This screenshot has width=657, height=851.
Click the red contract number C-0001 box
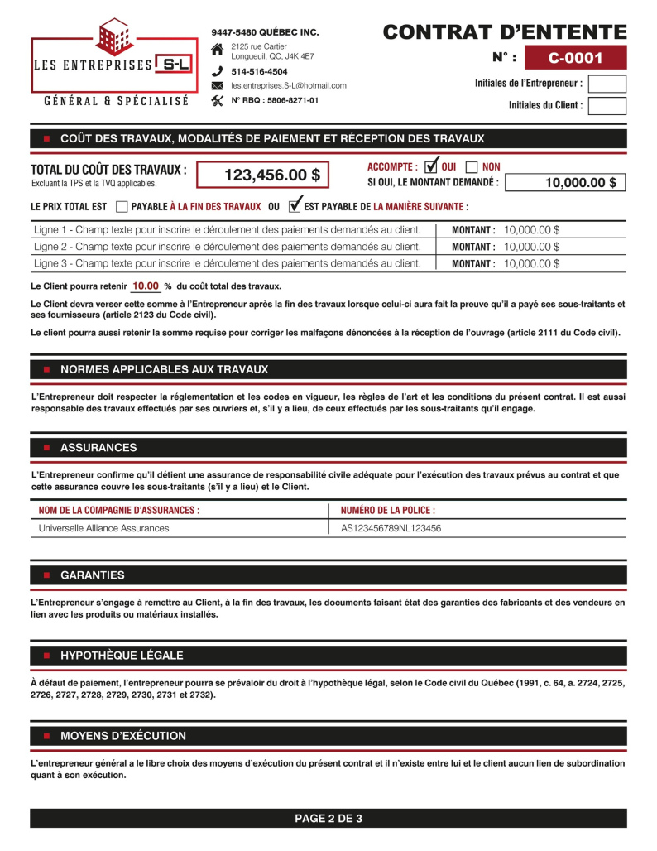tap(575, 58)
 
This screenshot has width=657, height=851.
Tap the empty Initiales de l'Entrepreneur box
tap(607, 84)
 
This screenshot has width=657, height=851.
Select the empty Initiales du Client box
tap(607, 106)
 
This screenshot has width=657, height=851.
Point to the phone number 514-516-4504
tap(259, 72)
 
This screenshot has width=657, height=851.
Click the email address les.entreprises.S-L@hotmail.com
tap(288, 86)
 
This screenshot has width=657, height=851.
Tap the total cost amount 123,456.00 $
tap(263, 175)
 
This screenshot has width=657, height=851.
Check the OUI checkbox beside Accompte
tap(430, 167)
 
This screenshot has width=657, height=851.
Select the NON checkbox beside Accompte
tap(472, 167)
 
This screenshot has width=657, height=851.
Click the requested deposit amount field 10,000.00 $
tap(564, 183)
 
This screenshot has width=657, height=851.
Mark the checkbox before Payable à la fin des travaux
tap(122, 206)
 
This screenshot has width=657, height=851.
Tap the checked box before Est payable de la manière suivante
tap(294, 206)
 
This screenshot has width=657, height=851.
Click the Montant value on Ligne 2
tap(531, 247)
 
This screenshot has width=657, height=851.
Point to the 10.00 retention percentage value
tap(146, 286)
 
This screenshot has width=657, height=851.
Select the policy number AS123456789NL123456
tap(391, 528)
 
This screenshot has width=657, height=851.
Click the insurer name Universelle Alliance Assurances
tap(103, 528)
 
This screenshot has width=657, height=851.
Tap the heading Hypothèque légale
tap(122, 656)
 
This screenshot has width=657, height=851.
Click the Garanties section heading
tap(93, 575)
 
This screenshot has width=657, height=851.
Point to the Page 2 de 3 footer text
tap(328, 819)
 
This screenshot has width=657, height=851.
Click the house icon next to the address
tap(218, 50)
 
